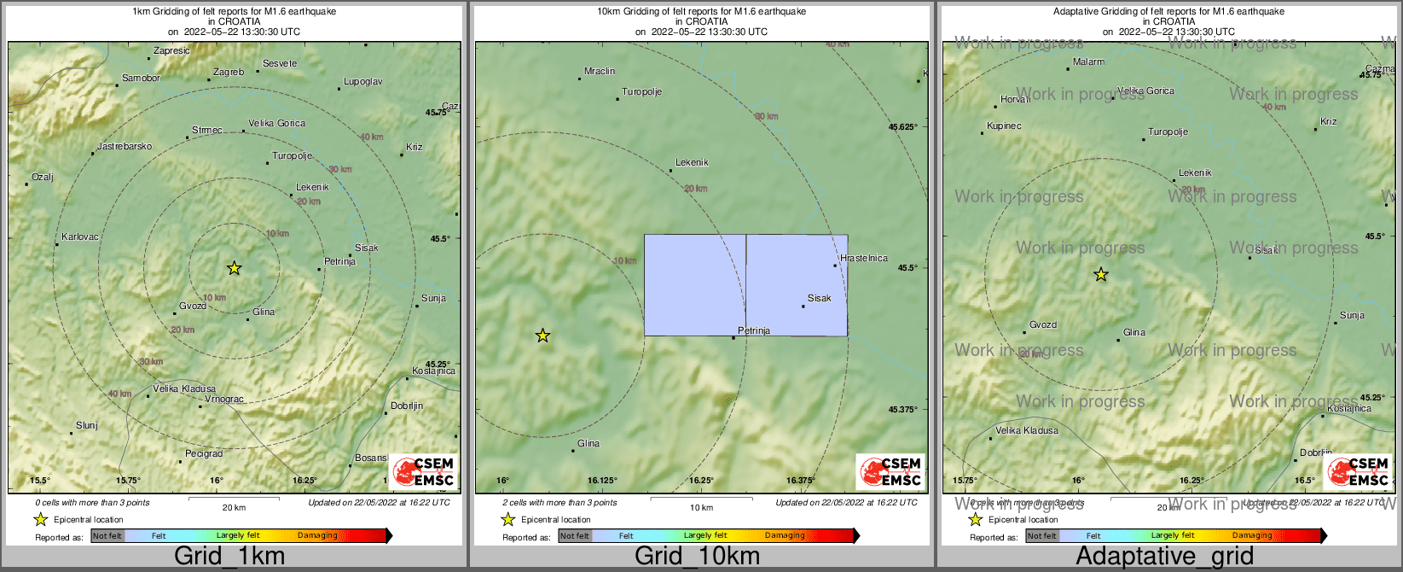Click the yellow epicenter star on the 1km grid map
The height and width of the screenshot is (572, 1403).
235,268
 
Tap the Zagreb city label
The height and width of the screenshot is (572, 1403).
229,73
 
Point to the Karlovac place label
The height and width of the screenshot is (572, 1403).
80,237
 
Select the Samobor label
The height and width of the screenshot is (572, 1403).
141,79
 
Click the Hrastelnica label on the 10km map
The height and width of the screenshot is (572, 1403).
863,258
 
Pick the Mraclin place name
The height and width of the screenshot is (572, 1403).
599,72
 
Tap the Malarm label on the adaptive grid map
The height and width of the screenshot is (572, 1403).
1088,62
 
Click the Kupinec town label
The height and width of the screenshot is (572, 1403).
1004,126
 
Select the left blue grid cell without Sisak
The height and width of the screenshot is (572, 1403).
694,285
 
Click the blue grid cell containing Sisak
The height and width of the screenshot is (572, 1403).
797,285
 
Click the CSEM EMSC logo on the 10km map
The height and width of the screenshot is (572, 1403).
890,471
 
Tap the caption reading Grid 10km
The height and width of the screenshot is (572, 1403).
697,557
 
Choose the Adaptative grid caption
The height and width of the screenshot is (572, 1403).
1164,557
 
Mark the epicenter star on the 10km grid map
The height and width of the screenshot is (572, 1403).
542,336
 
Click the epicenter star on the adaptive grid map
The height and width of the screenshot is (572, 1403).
1101,274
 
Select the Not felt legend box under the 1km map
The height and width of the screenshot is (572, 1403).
107,536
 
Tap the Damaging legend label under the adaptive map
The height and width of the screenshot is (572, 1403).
1251,536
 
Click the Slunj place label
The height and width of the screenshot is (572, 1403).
87,425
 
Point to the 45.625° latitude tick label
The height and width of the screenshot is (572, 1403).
902,127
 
